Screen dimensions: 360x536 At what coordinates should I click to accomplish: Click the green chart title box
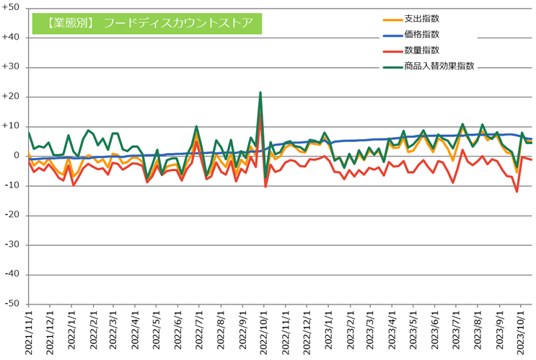point(146,23)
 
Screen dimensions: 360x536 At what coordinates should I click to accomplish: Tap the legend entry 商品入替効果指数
point(439,66)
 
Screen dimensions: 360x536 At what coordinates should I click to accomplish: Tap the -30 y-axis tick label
point(12,245)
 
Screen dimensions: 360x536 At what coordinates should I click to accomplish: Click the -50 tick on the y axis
point(12,304)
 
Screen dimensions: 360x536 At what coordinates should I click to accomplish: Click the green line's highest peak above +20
point(260,92)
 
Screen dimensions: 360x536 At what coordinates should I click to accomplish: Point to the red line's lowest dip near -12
point(517,191)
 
